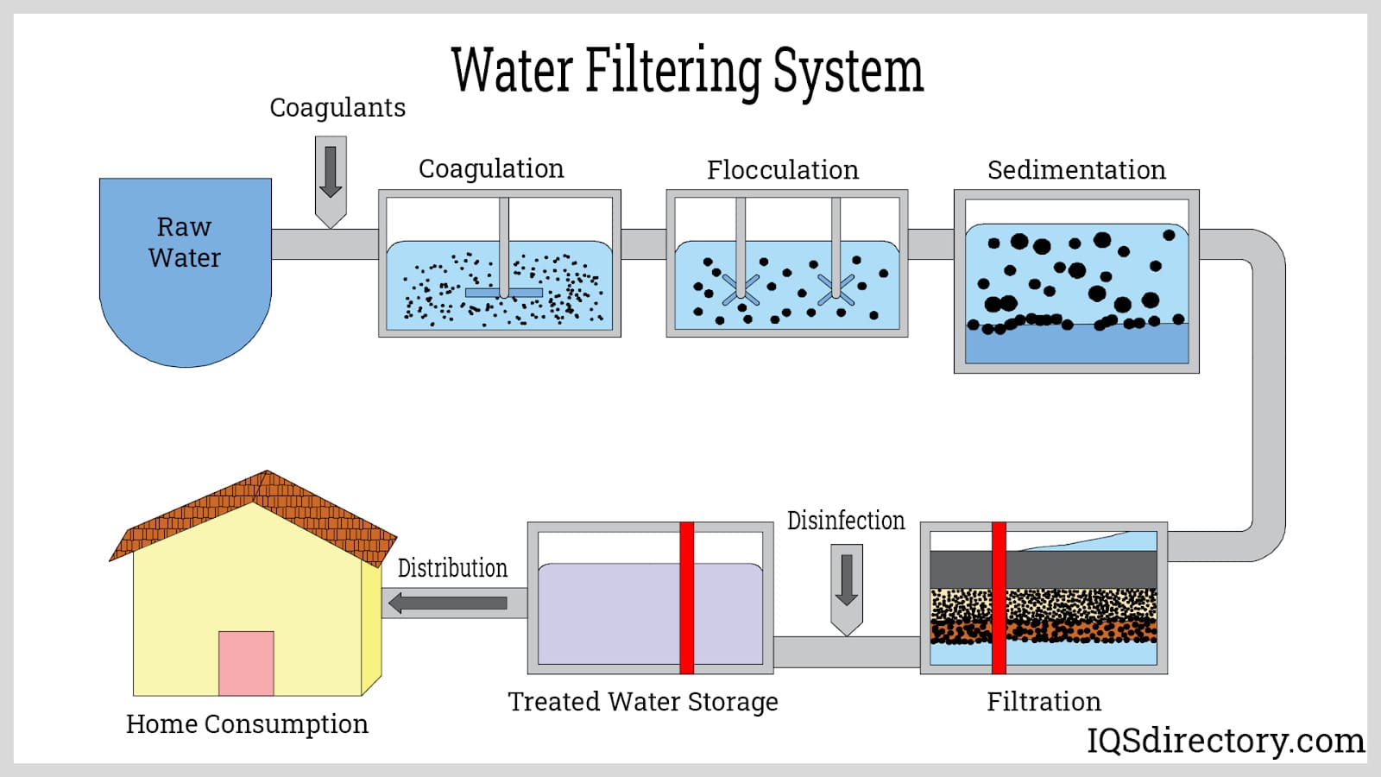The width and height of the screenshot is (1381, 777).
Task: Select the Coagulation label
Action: [x=491, y=168]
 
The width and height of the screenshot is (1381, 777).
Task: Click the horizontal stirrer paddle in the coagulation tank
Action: [x=504, y=293]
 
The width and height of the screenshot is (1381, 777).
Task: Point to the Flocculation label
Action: [x=783, y=170]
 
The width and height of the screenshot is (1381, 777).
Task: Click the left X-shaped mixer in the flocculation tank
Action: [x=741, y=289]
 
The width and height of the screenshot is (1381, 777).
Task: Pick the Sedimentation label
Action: [x=1076, y=170]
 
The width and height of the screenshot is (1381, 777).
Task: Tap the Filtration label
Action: [x=1044, y=701]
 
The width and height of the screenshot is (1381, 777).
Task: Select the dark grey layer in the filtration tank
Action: [x=1079, y=570]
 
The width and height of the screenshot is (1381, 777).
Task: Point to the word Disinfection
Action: [x=846, y=521]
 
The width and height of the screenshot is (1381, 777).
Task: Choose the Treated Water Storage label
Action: [x=643, y=701]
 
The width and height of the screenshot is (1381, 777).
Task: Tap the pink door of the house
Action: [x=246, y=663]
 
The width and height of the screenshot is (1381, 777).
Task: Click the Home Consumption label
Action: [x=247, y=723]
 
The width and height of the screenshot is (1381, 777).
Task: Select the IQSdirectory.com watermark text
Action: [x=1226, y=740]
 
